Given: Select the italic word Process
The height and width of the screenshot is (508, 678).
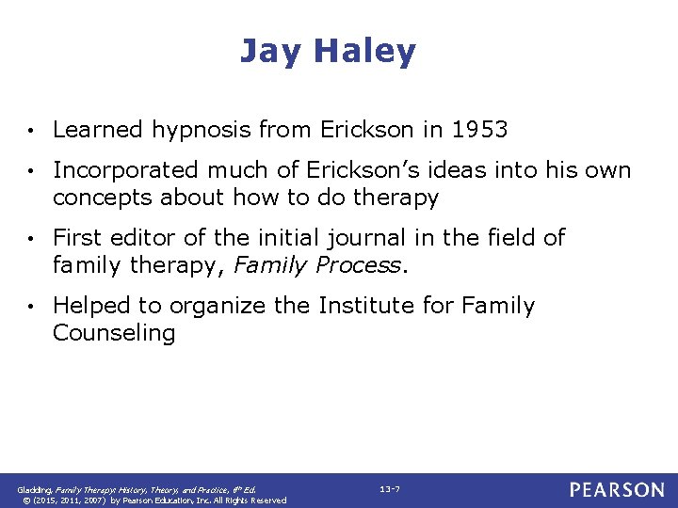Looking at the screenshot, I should pos(360,265).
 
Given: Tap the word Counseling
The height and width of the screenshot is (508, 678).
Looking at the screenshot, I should pos(114,333).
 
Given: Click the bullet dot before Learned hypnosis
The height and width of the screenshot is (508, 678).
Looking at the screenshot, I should pos(32,131).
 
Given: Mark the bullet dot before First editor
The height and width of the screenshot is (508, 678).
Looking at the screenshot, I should pos(32,239).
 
